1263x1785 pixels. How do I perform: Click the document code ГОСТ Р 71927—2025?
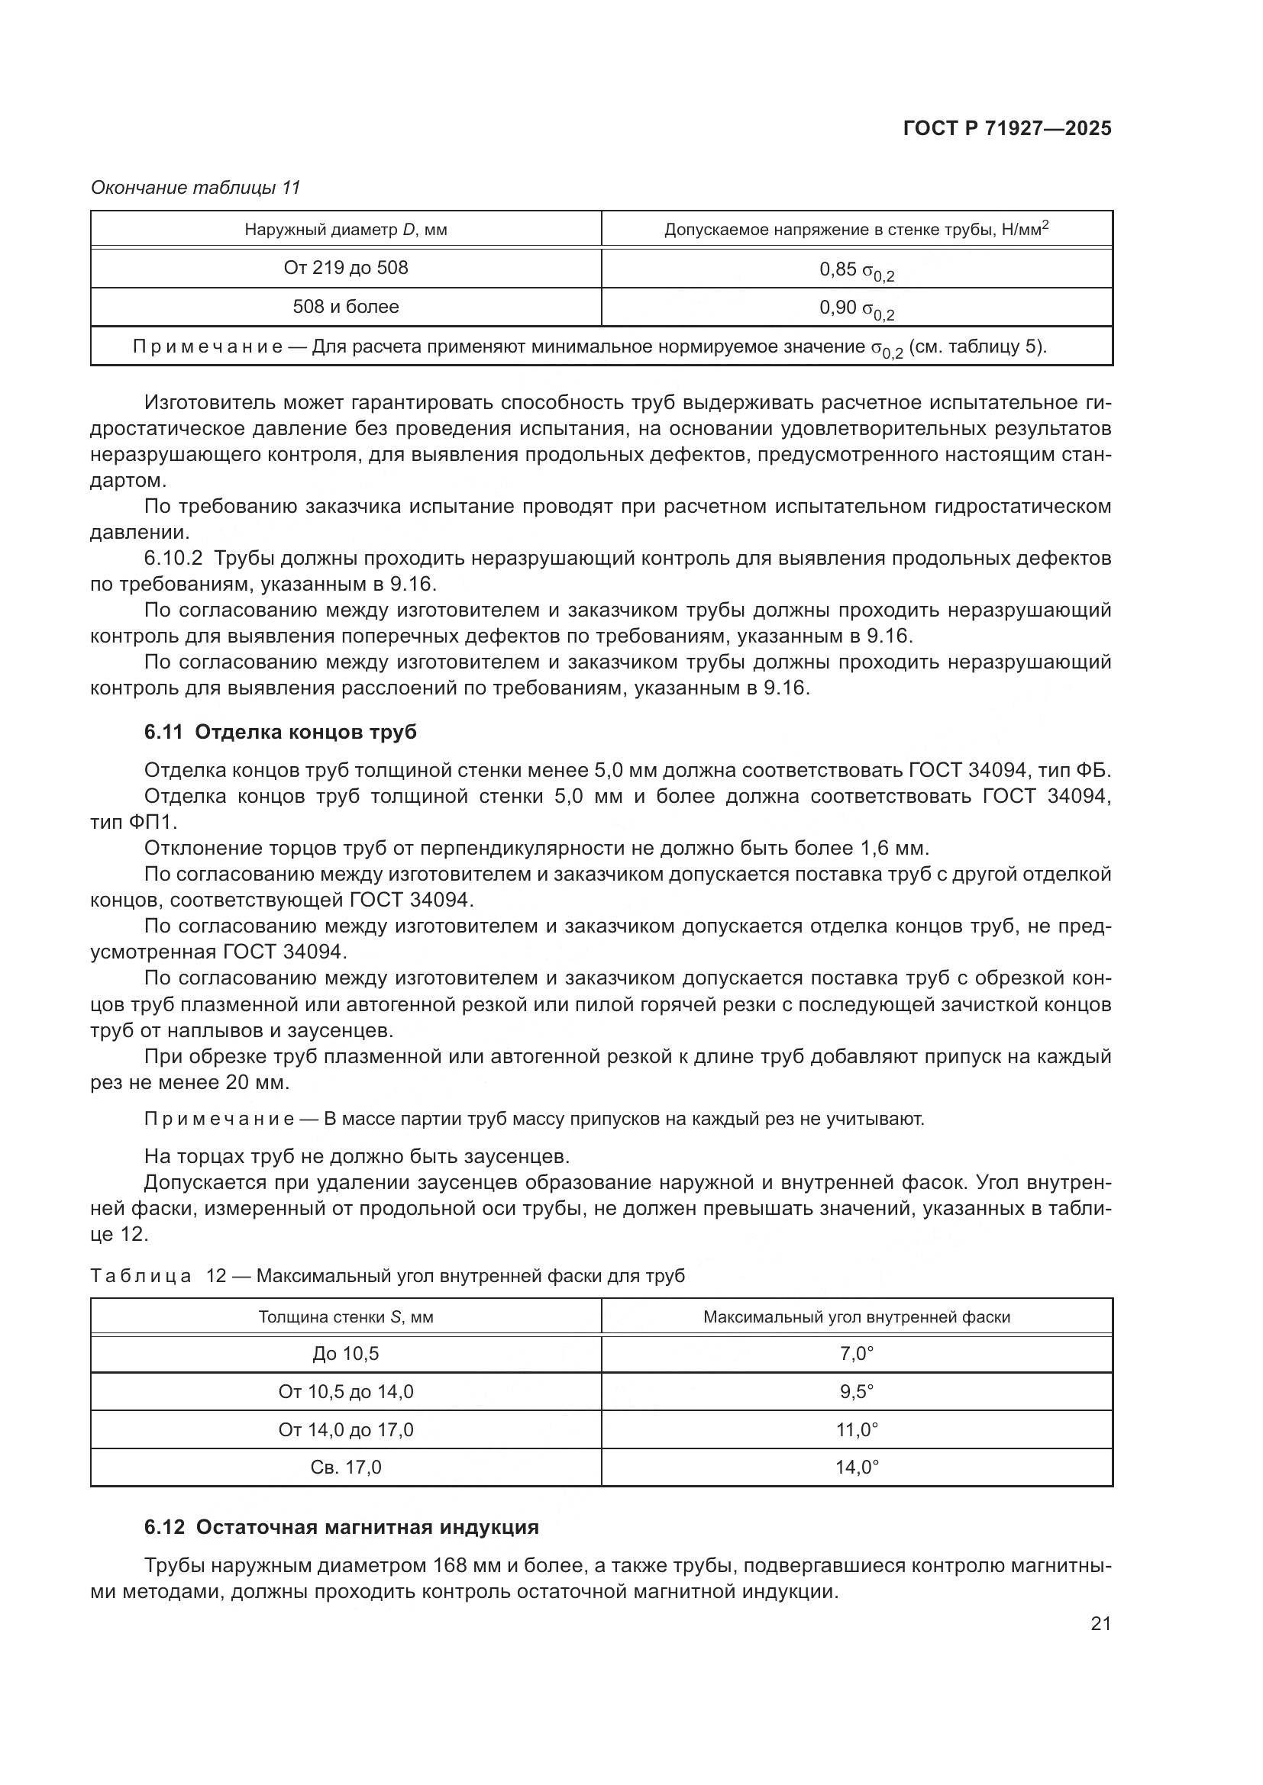click(x=1007, y=129)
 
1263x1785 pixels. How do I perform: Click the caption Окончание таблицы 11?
click(x=195, y=188)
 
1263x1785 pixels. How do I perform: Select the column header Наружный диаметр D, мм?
click(x=345, y=230)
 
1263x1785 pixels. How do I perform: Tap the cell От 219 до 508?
click(x=345, y=268)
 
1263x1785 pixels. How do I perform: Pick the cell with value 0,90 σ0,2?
click(x=856, y=308)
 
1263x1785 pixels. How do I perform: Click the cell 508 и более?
click(x=345, y=307)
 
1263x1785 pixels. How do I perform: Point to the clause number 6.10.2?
click(x=173, y=558)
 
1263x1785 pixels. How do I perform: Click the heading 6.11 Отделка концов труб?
click(x=280, y=732)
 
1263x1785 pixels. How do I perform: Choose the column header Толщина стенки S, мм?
click(x=345, y=1317)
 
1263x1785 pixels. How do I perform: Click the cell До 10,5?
click(x=345, y=1354)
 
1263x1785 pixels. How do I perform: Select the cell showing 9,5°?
click(x=856, y=1392)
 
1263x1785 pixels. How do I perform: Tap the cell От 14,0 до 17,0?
click(x=345, y=1429)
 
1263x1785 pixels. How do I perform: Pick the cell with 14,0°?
click(x=856, y=1467)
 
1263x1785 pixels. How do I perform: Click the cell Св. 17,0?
click(x=345, y=1467)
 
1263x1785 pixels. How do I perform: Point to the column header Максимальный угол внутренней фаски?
click(x=856, y=1317)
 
